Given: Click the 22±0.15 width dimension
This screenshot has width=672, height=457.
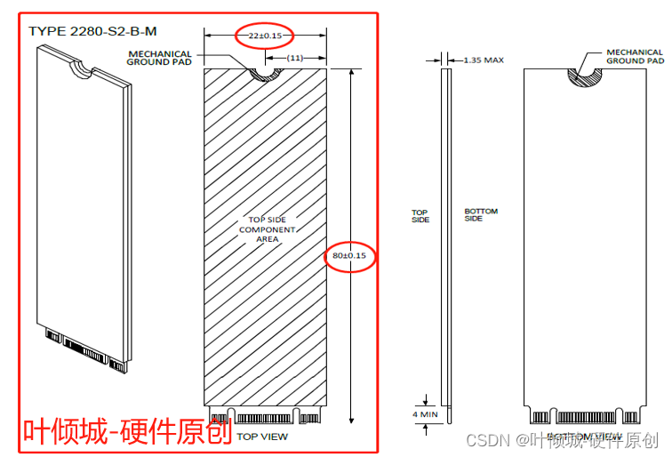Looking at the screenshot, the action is (x=265, y=36).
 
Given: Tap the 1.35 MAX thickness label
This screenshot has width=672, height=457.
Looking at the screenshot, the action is (x=484, y=60).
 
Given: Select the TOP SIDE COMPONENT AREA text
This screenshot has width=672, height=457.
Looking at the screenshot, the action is (x=267, y=228).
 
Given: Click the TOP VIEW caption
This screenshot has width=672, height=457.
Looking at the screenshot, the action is (x=262, y=437).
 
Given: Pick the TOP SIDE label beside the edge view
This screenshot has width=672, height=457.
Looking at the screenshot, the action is (x=420, y=216).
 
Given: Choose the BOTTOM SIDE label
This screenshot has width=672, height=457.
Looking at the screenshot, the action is (x=481, y=215).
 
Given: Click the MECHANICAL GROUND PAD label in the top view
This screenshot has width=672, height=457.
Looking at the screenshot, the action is (x=159, y=57).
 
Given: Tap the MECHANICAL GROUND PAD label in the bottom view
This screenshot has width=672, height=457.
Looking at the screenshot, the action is (x=635, y=56).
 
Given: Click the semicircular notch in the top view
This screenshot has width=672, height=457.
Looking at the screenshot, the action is (x=265, y=74).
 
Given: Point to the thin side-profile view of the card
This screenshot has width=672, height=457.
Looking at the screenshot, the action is (x=447, y=240).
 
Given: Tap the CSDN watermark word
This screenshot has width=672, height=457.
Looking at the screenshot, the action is (x=485, y=439).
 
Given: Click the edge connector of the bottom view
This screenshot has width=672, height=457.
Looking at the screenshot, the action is (x=584, y=415).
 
